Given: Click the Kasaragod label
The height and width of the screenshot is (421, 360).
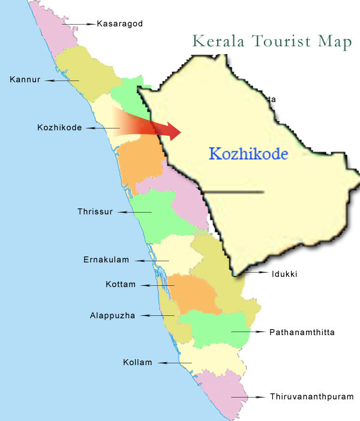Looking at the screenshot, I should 121,24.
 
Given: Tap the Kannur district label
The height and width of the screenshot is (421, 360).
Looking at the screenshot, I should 25,79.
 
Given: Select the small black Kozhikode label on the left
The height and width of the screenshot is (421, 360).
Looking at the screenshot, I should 59,128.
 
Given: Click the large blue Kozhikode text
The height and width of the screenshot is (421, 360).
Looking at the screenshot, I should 248,154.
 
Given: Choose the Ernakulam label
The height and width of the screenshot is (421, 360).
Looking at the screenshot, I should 105,260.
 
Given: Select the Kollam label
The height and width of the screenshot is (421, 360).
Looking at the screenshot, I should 137,362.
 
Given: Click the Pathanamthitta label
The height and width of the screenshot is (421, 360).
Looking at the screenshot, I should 302,332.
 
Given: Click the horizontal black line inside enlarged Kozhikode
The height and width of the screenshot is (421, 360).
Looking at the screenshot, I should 234,192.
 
